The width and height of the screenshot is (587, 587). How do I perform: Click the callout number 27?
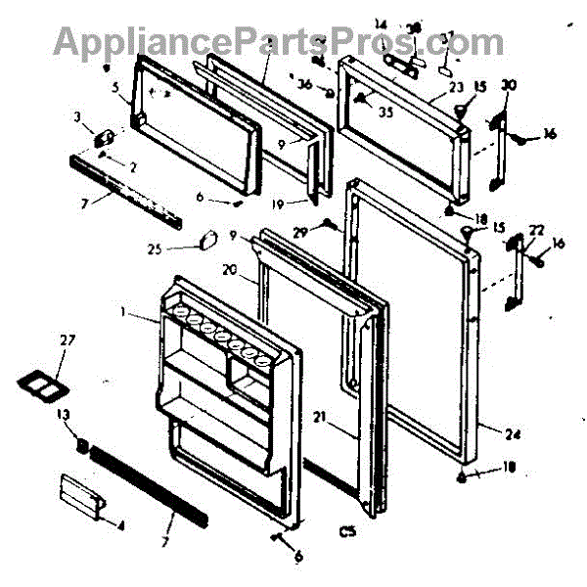[67, 340]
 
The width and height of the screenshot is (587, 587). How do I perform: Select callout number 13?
[65, 414]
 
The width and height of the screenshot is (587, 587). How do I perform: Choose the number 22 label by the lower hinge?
[535, 230]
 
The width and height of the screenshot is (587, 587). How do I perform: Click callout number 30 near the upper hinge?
[507, 85]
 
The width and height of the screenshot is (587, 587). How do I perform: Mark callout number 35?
[384, 112]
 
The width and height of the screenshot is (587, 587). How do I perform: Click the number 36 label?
[305, 84]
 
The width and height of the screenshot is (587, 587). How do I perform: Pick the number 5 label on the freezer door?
[115, 86]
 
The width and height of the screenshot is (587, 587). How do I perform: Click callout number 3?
[78, 117]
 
